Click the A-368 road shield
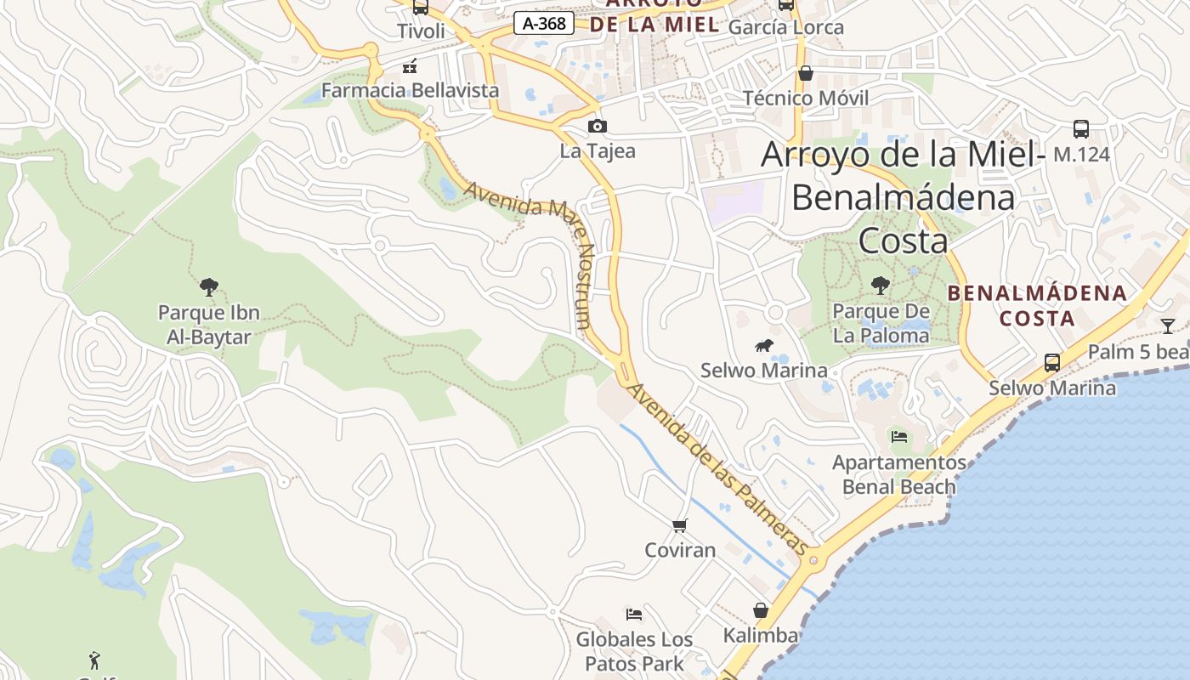544,24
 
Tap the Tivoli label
421,31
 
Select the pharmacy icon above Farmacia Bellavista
410,66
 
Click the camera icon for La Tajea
598,127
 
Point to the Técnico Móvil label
806,98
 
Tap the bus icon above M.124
1080,129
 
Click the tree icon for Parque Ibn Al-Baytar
209,287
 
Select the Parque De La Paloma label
881,324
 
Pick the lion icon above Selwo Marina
764,345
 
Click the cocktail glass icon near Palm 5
1168,326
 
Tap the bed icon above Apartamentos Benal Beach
899,438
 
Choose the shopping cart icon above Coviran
679,526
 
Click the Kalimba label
761,636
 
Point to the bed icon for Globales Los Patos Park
633,615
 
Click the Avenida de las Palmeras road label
717,470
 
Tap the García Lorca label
786,27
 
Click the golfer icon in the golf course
94,660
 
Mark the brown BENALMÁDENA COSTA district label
1037,306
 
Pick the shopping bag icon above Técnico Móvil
806,74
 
